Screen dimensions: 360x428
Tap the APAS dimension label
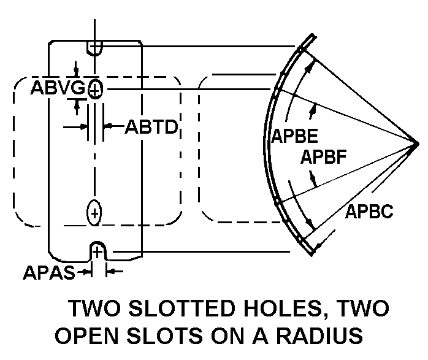tap(48, 272)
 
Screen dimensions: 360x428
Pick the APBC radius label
tap(369, 212)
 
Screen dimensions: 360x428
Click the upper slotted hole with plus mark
tap(94, 90)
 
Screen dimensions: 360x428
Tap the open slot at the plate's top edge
tap(95, 47)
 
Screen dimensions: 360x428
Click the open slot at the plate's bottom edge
tap(97, 250)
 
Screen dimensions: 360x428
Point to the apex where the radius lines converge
tap(417, 144)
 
